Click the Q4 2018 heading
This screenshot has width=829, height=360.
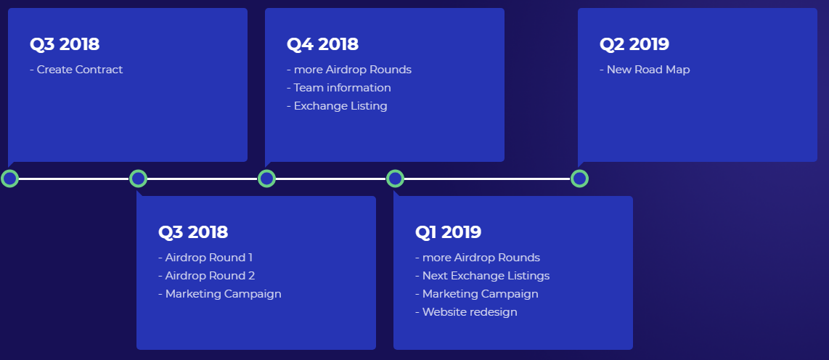point(322,44)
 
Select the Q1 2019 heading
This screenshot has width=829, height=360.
point(449,232)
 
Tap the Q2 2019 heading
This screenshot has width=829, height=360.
point(634,44)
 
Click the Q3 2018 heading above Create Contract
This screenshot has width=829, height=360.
point(65,44)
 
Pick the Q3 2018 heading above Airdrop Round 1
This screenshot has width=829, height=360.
point(193,232)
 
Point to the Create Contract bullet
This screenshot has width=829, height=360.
point(76,70)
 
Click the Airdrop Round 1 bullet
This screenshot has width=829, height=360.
point(205,258)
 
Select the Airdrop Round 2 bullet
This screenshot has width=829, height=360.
point(206,276)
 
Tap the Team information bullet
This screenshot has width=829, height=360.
point(339,88)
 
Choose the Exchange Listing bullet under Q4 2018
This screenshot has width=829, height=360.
point(337,106)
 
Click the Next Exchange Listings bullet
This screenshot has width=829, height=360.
point(482,276)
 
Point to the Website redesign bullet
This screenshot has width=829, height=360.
point(466,312)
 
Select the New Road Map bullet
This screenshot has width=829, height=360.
point(645,70)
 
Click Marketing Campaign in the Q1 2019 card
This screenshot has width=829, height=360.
point(476,294)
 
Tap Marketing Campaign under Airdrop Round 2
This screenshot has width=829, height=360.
point(219,294)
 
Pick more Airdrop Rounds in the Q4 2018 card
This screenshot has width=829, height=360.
point(349,70)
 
